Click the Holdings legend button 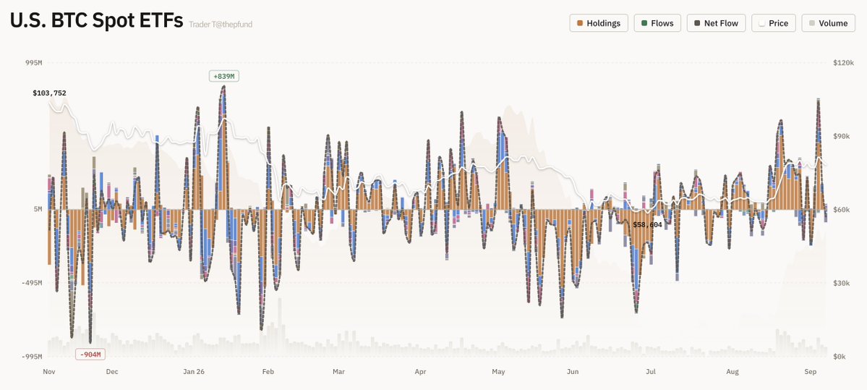(599, 23)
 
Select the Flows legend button (657, 23)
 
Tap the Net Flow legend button (717, 23)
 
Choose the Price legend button (774, 23)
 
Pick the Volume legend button (828, 23)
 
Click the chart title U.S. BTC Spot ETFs (96, 21)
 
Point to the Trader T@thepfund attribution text (221, 25)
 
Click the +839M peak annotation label (224, 76)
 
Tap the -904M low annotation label (90, 355)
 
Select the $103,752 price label (49, 93)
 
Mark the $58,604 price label (647, 225)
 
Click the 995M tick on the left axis (33, 63)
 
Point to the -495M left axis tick (31, 283)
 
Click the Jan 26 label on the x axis (194, 372)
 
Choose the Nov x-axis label (49, 372)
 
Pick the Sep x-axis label (810, 372)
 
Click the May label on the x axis (498, 372)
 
